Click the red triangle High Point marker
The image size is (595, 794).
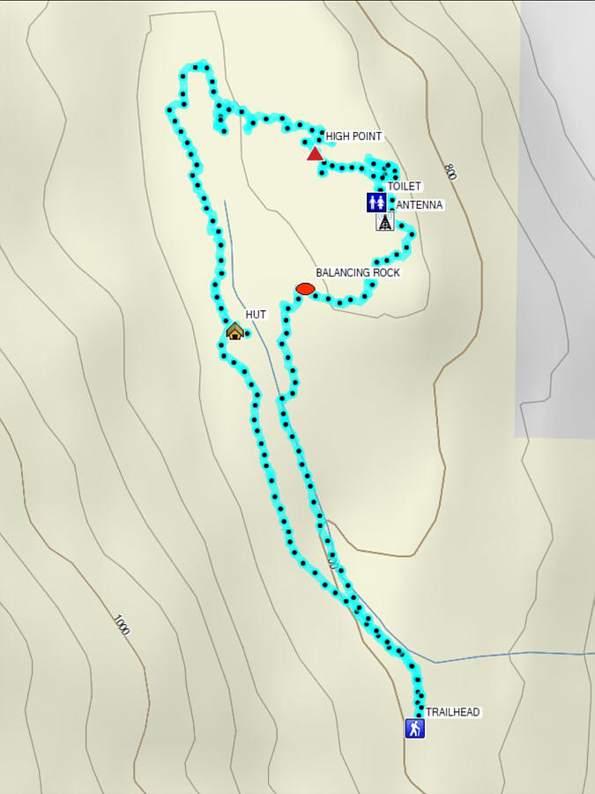point(315,154)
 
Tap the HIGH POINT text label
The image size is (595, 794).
point(354,137)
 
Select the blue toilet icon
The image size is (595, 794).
point(376,203)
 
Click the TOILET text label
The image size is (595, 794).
point(405,187)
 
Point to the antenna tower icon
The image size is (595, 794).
point(385,222)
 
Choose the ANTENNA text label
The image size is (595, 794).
point(420,205)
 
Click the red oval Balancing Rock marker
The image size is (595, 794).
point(305,289)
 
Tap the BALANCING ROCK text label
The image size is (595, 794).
point(358,273)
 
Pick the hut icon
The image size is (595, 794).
point(234,331)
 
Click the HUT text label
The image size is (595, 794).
point(256,315)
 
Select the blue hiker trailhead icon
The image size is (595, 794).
point(415,728)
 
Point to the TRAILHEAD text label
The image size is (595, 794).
point(453,712)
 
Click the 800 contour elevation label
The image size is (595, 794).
point(450,172)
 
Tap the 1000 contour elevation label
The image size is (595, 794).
point(122,625)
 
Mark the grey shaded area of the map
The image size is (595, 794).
point(555,220)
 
